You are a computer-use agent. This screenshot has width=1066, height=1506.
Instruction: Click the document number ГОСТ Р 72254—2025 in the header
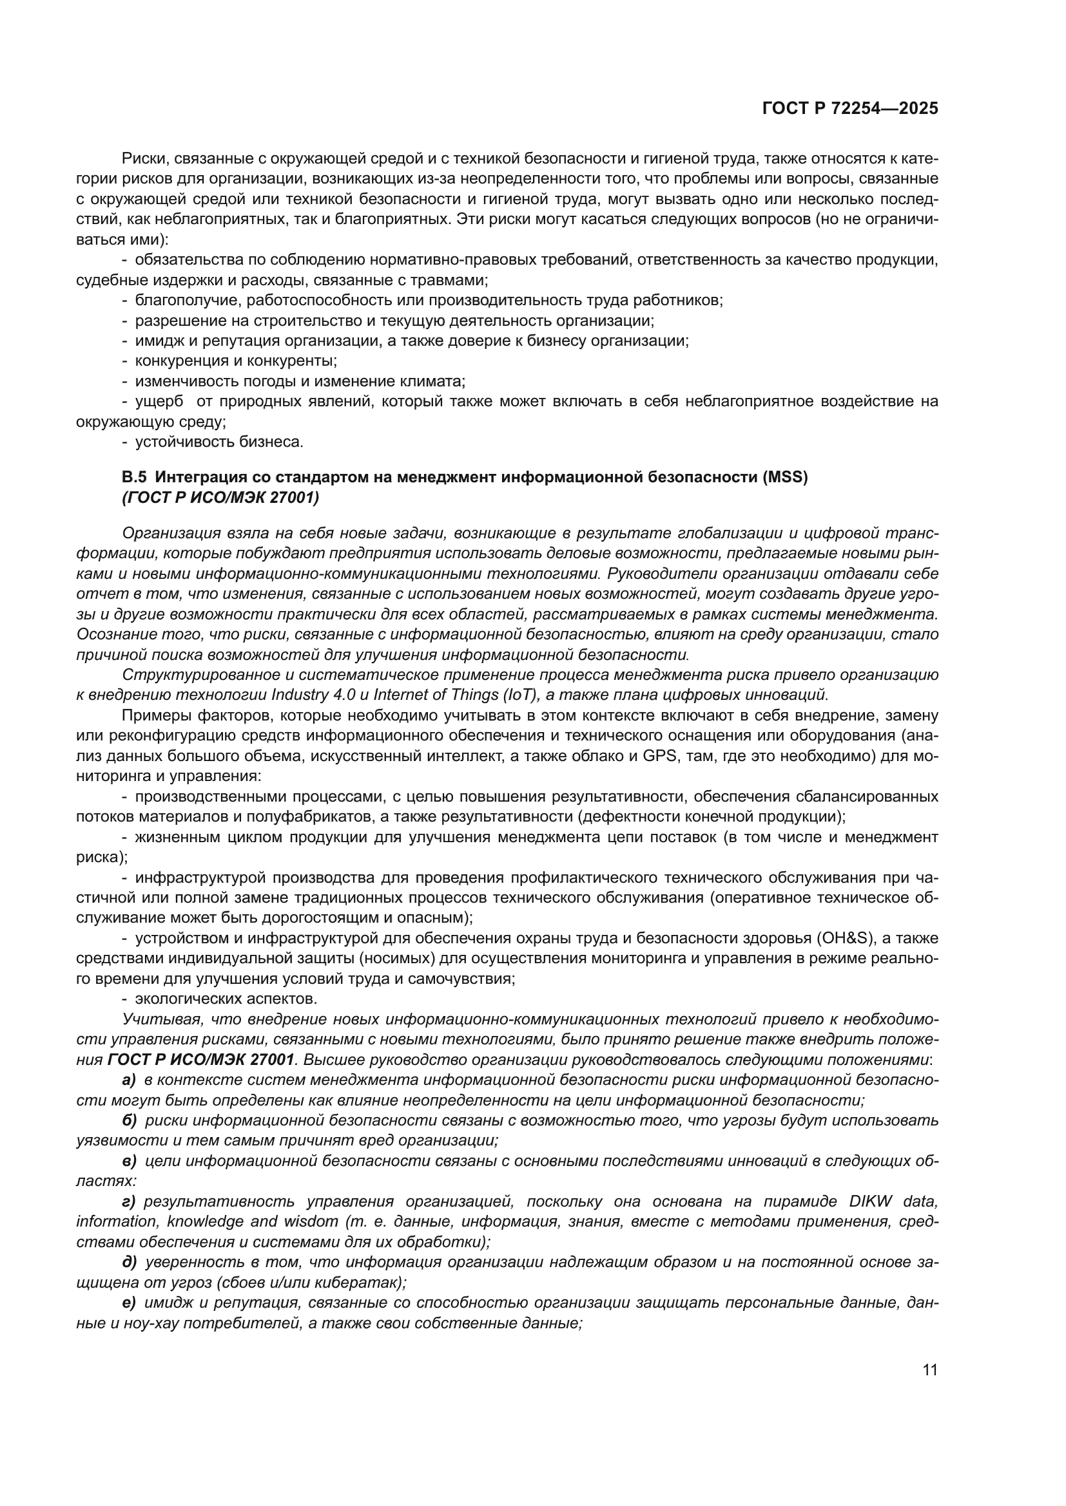pyautogui.click(x=849, y=109)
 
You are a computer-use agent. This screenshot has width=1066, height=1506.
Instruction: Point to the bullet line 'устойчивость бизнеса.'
pyautogui.click(x=219, y=442)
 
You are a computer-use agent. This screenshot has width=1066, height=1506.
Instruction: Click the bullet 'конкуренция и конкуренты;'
pyautogui.click(x=236, y=361)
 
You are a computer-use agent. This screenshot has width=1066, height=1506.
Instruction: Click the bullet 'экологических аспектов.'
pyautogui.click(x=226, y=999)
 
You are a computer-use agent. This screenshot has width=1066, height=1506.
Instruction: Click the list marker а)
pyautogui.click(x=129, y=1080)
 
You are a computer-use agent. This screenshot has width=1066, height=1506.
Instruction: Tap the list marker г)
pyautogui.click(x=129, y=1201)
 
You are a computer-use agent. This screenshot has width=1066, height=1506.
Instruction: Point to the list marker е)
pyautogui.click(x=129, y=1303)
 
